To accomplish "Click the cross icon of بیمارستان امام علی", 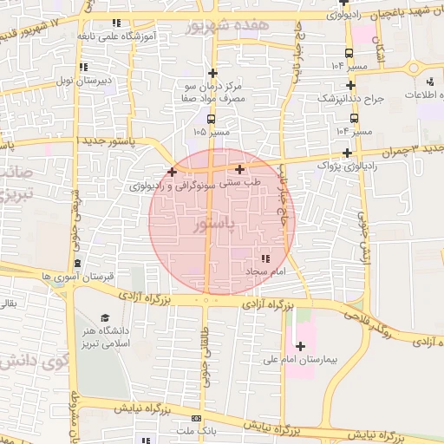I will pos(300,347).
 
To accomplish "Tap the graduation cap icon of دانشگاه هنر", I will pos(106,319).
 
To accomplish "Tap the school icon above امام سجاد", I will pos(264,258).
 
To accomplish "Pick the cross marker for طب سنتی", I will pos(239,170).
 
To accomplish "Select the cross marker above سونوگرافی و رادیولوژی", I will pos(173,172).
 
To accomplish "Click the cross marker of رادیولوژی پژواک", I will pos(347,153).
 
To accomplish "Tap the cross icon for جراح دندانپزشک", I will pos(350,85).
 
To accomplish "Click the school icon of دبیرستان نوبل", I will pos(82,67).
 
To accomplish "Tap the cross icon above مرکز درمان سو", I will pos(213,74).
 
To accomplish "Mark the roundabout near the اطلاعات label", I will pos(412,69).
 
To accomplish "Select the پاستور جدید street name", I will pos(108,140).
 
